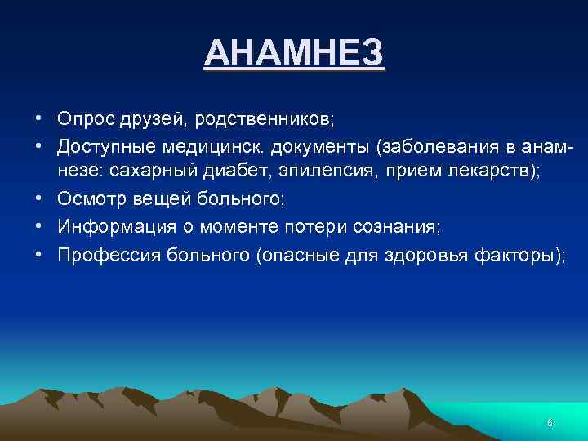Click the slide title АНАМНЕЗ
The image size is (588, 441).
293,54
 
